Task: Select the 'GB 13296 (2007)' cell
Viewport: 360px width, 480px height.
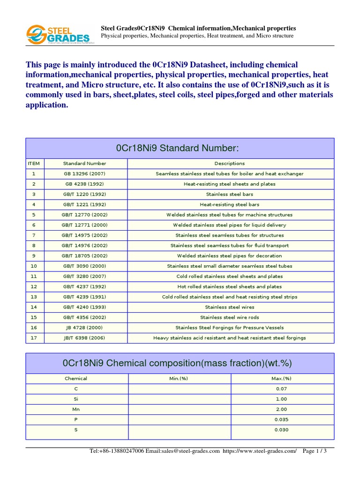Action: coord(84,173)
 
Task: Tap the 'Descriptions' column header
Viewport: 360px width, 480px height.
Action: coord(229,164)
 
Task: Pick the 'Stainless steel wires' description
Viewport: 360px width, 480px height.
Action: coord(229,307)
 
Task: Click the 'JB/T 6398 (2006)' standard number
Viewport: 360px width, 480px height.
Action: coord(84,338)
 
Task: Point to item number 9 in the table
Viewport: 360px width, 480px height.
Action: coord(34,256)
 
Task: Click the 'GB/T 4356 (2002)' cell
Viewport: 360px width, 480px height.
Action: coord(84,317)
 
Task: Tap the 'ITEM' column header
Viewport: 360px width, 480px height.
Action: coord(34,164)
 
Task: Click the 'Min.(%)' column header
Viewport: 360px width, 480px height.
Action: coord(179,378)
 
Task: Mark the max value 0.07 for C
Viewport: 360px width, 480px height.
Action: coord(281,389)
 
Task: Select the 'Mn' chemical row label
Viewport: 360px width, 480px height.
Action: coord(76,409)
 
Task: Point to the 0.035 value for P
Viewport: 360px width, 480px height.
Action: coord(281,420)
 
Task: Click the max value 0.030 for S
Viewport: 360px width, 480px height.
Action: coord(281,430)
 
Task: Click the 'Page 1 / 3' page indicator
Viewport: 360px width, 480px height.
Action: coord(315,451)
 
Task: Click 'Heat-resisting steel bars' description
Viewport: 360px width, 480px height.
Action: coord(229,204)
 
